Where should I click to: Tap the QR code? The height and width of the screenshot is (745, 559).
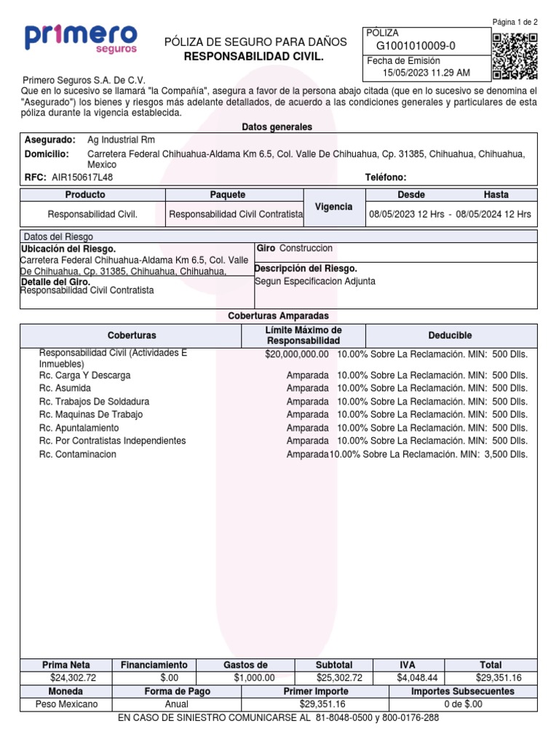click(515, 56)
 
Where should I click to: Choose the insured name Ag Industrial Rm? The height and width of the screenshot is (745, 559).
click(121, 140)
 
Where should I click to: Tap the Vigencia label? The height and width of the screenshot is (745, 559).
click(333, 207)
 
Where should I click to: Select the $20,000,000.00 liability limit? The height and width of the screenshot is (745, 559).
click(297, 354)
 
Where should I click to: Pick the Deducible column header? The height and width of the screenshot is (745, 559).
click(451, 335)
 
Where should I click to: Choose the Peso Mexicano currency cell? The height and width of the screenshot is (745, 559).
click(66, 704)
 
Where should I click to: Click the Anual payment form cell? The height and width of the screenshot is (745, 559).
click(177, 704)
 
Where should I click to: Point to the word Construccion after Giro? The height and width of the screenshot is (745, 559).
click(306, 249)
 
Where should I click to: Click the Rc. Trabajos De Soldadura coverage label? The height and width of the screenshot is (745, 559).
click(94, 401)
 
